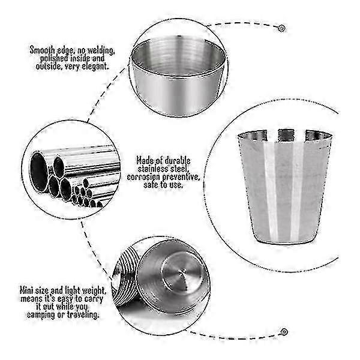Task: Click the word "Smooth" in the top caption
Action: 42,50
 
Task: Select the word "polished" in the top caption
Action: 54,58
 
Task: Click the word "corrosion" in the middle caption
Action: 143,177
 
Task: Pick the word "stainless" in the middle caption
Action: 152,169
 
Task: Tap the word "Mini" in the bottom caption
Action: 27,290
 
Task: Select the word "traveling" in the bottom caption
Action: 83,315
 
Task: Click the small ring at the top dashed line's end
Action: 281,28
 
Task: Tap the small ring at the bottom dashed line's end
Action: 284,332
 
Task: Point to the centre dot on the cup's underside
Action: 183,272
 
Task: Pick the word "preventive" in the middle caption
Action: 181,177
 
